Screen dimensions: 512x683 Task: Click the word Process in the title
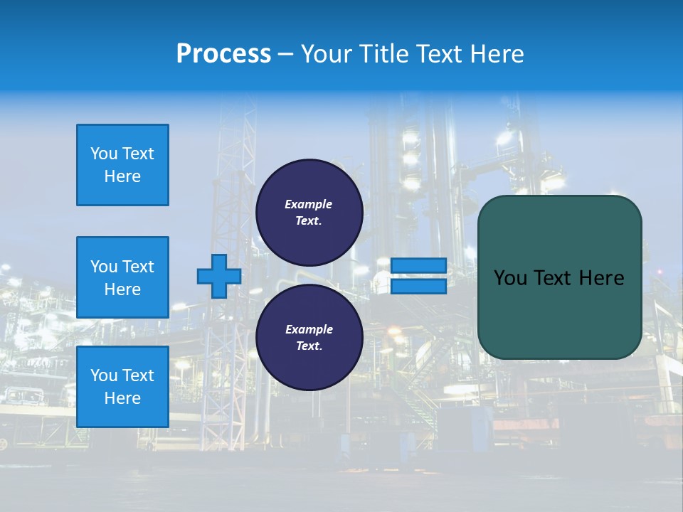(x=223, y=54)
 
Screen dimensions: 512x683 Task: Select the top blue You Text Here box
(x=122, y=165)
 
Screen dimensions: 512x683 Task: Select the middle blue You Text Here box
(x=122, y=277)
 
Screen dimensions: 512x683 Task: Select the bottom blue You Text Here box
(x=122, y=387)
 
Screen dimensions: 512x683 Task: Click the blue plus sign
(x=219, y=276)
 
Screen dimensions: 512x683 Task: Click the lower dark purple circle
(x=309, y=337)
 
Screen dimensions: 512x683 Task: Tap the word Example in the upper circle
(x=308, y=204)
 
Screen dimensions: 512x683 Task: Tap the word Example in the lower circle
(x=309, y=329)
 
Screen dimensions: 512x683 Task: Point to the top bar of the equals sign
(x=418, y=265)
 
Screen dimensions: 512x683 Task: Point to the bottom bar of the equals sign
(x=418, y=287)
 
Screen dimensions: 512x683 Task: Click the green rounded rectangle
(x=559, y=313)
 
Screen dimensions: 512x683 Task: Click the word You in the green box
(x=509, y=278)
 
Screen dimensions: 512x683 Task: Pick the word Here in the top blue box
(x=122, y=176)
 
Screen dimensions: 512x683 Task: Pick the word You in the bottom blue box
(x=103, y=375)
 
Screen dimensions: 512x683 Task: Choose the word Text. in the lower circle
(x=309, y=346)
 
